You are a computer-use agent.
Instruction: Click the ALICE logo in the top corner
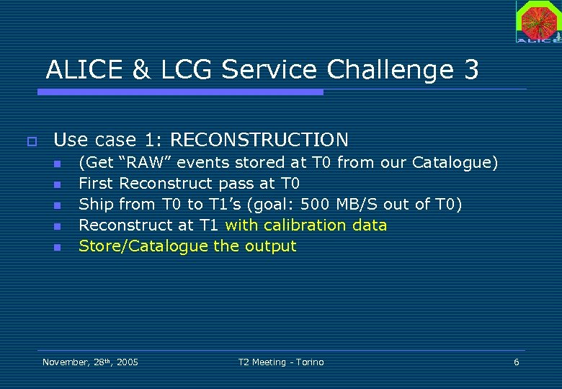(538, 21)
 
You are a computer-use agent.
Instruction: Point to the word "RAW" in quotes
(143, 163)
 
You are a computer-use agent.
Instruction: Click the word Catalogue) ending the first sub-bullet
(455, 163)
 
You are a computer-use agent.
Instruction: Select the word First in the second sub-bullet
(97, 184)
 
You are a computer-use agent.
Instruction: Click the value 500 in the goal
(316, 205)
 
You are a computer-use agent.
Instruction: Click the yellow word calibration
(308, 225)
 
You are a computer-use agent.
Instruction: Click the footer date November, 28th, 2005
(90, 362)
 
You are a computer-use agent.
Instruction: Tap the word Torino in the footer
(308, 362)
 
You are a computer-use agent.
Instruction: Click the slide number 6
(516, 362)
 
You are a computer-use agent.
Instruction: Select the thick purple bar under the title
(180, 92)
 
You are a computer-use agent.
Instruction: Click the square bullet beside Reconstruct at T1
(58, 226)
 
